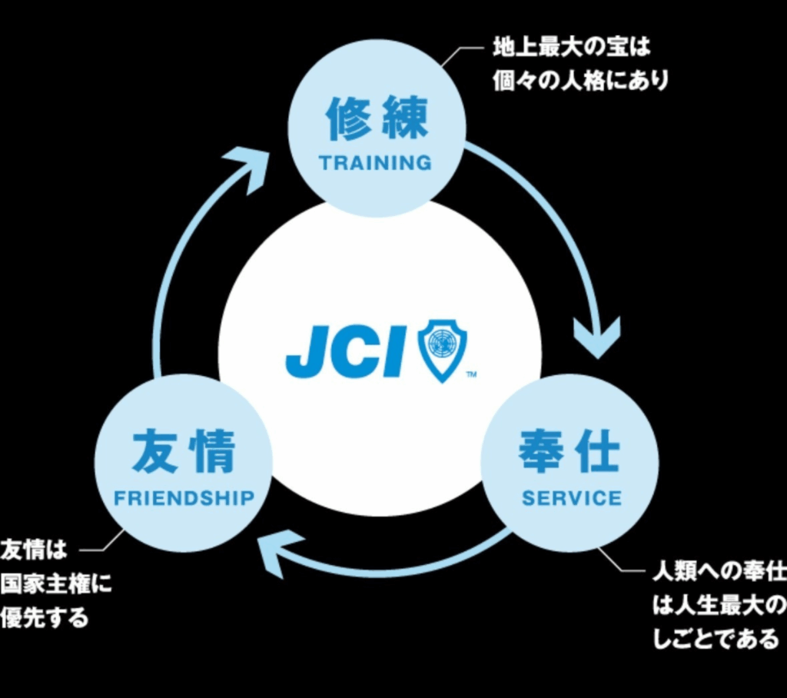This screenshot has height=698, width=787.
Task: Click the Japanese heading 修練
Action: click(x=376, y=118)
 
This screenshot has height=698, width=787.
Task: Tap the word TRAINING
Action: click(x=376, y=163)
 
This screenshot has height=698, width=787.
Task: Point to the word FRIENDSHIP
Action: click(x=184, y=498)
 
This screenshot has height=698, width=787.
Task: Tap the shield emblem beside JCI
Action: click(x=442, y=351)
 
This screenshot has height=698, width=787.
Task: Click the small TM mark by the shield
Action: click(x=471, y=375)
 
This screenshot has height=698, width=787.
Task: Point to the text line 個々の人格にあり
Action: click(x=580, y=81)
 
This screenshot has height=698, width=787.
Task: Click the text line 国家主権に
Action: click(x=55, y=584)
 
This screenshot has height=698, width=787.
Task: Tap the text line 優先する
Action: click(x=45, y=618)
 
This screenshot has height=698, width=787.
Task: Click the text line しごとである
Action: click(x=715, y=639)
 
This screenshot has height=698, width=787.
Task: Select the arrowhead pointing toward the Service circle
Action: click(x=597, y=339)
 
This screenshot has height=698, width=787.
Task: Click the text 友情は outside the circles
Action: click(x=34, y=551)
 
